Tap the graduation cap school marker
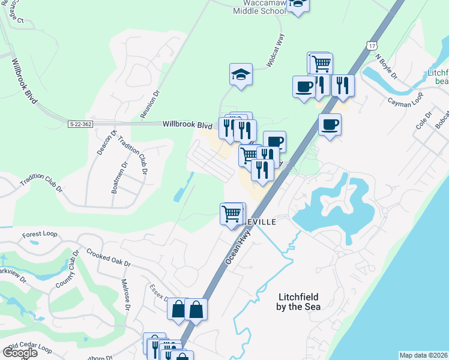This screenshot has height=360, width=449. tap(241, 75)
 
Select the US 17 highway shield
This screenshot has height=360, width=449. tap(373, 45)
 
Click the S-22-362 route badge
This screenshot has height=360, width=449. tap(80, 124)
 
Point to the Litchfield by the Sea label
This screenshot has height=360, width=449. tap(300, 302)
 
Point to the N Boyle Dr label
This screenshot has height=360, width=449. tap(386, 67)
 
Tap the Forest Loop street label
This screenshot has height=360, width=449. tap(39, 235)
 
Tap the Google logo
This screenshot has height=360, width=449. tap(20, 352)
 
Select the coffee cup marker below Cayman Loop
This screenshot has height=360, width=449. tap(330, 125)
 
